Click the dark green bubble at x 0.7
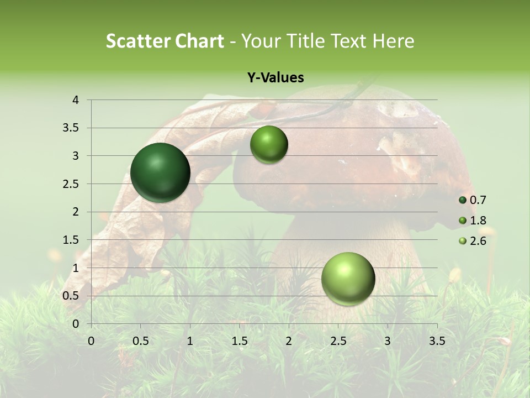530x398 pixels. click(161, 172)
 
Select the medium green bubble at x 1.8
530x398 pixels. click(269, 145)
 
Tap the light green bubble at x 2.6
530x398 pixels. click(348, 279)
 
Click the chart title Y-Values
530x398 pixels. click(275, 78)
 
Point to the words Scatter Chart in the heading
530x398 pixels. click(165, 41)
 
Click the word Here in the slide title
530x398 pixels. click(393, 41)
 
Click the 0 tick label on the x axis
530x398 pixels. click(91, 341)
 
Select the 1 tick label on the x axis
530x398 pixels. click(190, 341)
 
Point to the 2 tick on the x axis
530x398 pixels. click(289, 341)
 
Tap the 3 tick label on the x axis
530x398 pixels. click(388, 341)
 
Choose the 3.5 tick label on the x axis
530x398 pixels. click(437, 341)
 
